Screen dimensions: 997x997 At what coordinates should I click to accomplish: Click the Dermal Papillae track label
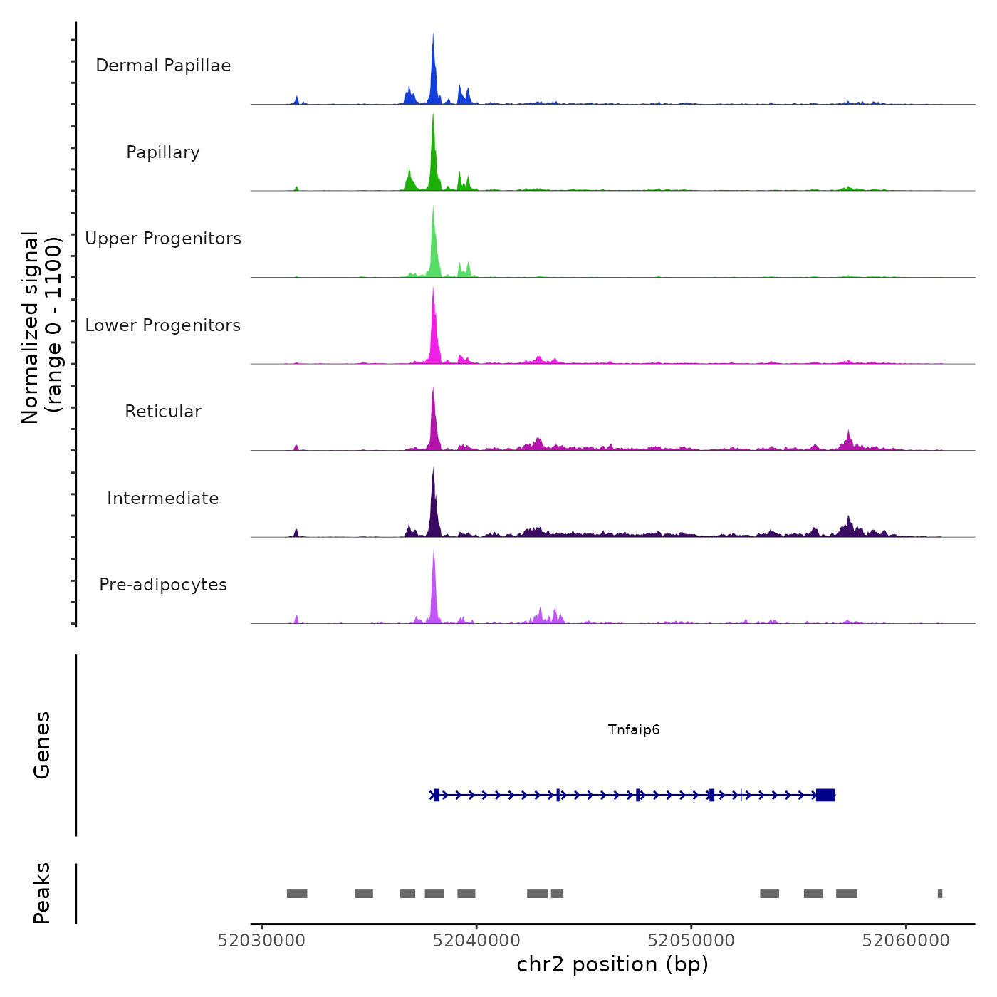click(x=163, y=66)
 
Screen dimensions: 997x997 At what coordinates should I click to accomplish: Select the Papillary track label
click(x=163, y=152)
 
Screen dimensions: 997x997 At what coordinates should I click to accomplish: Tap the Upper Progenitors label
click(x=163, y=239)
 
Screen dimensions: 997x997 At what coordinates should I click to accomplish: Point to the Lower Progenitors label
click(x=163, y=325)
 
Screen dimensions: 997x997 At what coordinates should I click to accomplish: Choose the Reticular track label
click(x=163, y=412)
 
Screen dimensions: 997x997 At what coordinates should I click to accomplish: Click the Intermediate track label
click(x=163, y=499)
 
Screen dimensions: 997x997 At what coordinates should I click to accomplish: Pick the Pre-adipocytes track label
click(x=163, y=585)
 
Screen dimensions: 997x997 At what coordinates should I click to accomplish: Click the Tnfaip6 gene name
click(x=634, y=729)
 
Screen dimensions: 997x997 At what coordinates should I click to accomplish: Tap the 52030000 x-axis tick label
click(x=261, y=941)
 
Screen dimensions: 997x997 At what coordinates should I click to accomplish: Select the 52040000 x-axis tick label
click(x=476, y=941)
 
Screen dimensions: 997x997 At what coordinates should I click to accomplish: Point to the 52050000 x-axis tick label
click(x=691, y=941)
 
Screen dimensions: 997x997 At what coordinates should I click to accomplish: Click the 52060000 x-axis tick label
click(x=906, y=941)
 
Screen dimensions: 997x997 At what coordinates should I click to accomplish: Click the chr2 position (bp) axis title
click(x=612, y=964)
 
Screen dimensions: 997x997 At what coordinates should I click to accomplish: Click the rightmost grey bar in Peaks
click(x=940, y=894)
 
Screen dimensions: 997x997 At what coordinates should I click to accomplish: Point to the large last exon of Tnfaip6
click(x=825, y=795)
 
